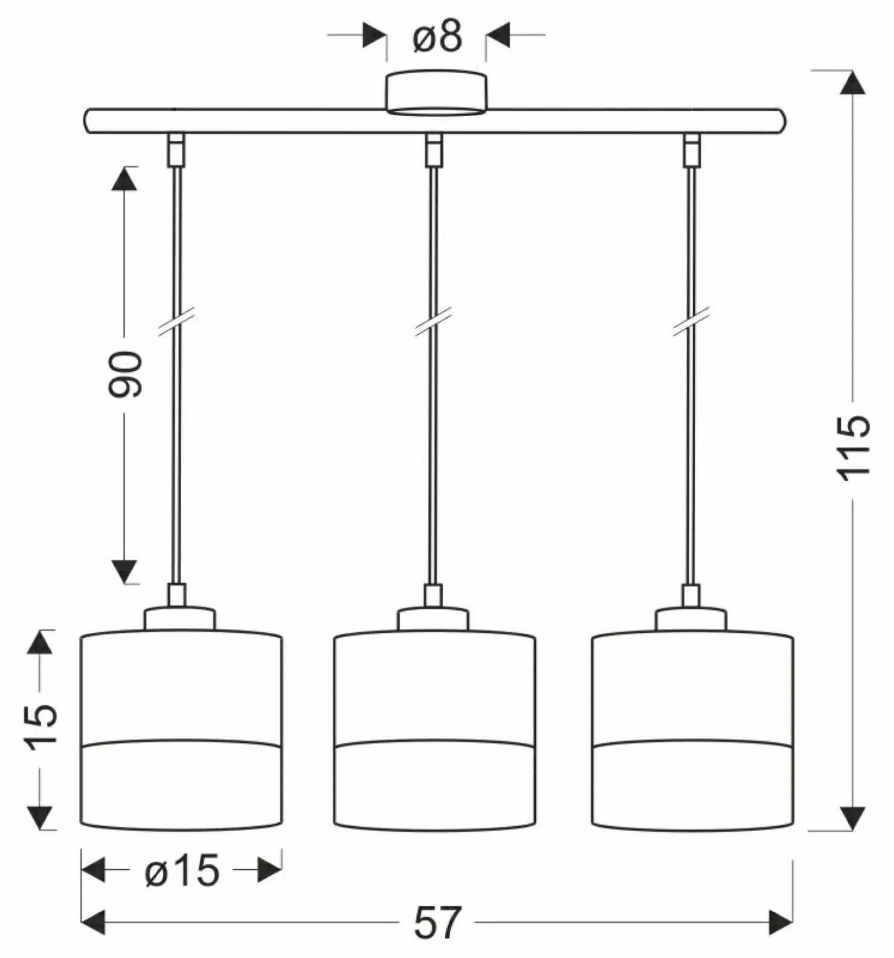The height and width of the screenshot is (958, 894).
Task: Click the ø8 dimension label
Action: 437,36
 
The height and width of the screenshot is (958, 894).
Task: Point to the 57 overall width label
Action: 437,922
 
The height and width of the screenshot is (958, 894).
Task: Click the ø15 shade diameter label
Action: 182,872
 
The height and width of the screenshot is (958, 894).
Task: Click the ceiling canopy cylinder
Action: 436,92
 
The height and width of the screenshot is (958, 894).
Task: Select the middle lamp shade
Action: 434,730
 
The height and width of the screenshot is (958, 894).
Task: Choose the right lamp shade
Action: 692,730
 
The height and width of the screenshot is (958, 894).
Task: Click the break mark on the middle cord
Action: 433,322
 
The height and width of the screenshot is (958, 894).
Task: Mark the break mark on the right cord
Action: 691,322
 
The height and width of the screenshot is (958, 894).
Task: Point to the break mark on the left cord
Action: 176,322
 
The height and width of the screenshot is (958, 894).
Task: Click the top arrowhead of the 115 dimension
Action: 852,82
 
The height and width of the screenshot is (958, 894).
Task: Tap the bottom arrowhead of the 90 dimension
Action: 124,572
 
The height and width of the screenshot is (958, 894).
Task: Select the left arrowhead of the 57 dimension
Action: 93,922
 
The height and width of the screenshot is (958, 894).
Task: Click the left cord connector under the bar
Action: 176,150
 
